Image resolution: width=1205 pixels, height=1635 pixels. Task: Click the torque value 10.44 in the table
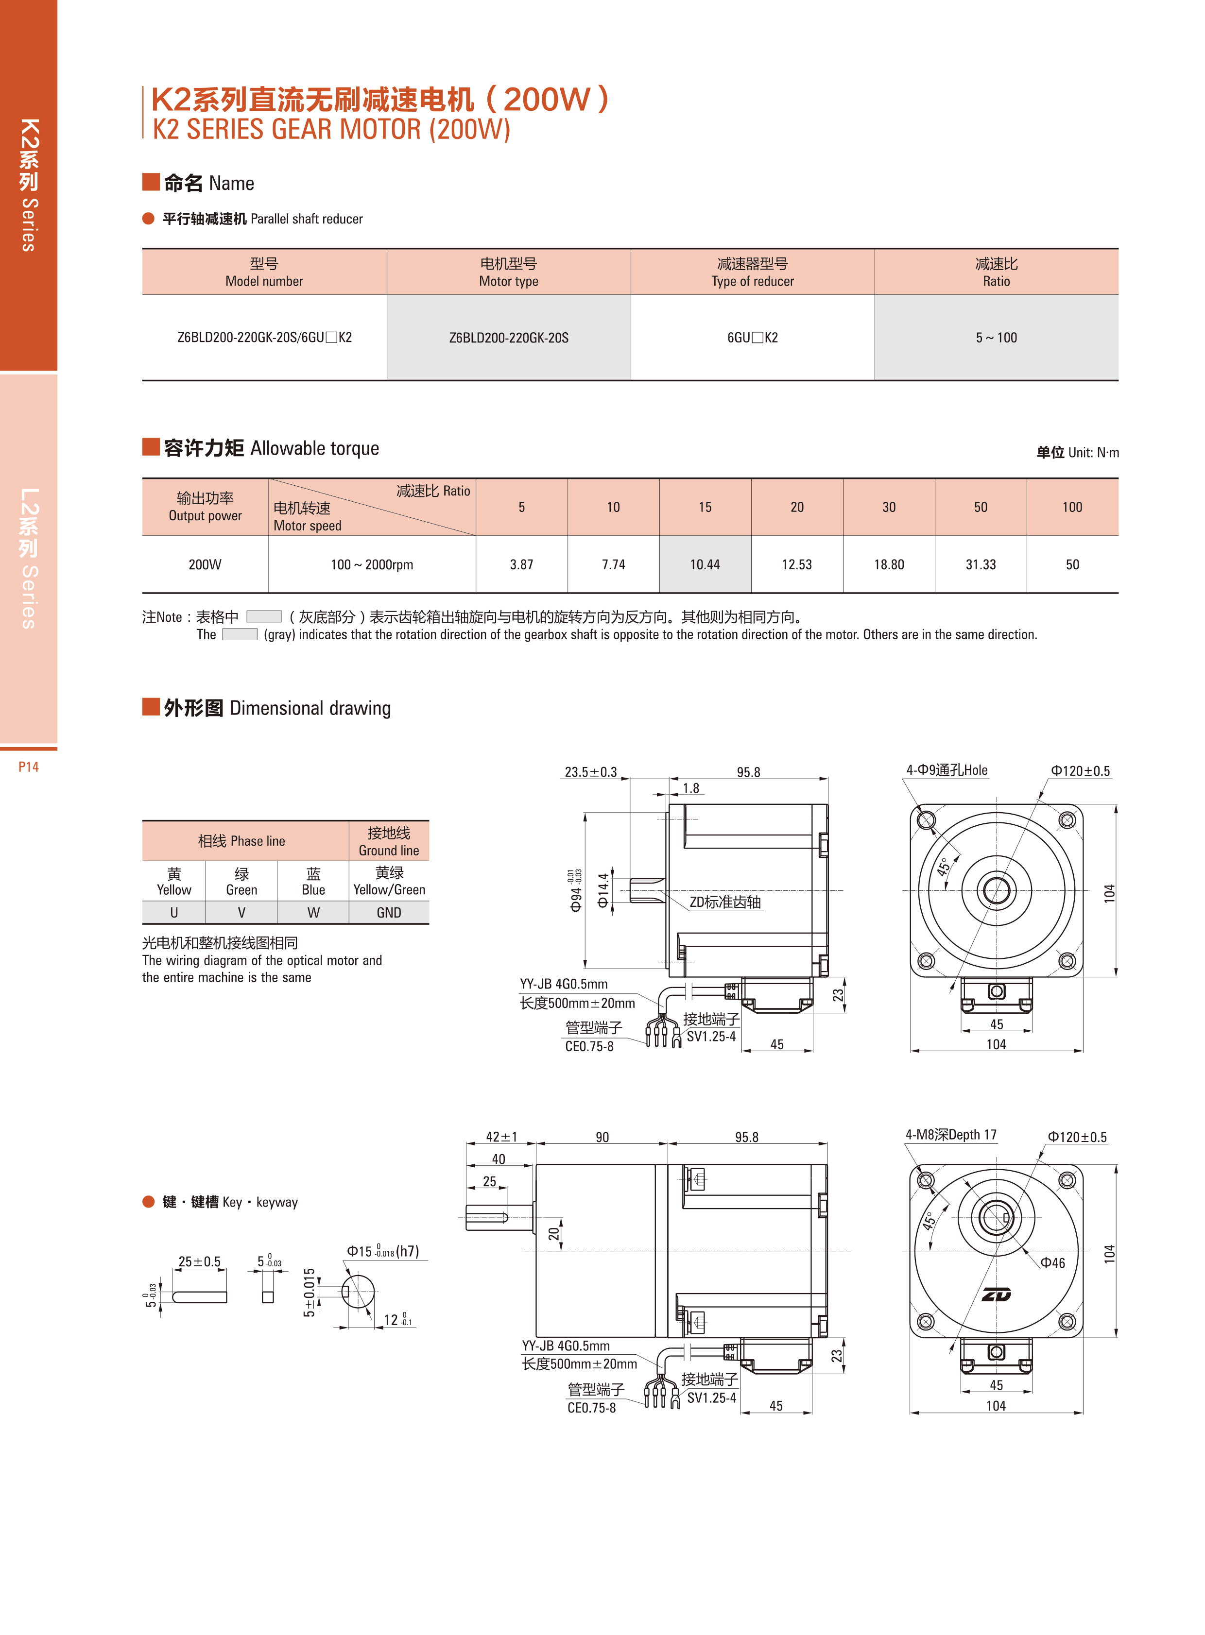click(x=705, y=564)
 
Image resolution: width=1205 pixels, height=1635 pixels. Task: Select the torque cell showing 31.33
click(x=981, y=564)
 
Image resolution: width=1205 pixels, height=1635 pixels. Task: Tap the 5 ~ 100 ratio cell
click(x=997, y=338)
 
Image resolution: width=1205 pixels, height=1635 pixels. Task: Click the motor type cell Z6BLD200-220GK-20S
click(x=508, y=338)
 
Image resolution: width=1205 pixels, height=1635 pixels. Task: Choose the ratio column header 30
click(x=888, y=507)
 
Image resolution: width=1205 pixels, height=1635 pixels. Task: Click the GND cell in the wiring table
click(x=389, y=912)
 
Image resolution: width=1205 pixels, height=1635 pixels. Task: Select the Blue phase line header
click(x=313, y=881)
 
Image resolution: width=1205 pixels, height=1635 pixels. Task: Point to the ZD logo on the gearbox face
click(x=997, y=1295)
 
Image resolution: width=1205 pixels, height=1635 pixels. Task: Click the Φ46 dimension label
click(x=1052, y=1263)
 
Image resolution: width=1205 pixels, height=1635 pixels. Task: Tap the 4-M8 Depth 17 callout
click(x=950, y=1135)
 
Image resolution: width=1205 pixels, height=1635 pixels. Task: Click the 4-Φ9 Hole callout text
click(x=947, y=770)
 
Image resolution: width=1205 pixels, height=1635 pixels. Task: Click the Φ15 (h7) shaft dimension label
click(x=383, y=1251)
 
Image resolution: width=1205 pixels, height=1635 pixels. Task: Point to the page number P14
click(x=29, y=766)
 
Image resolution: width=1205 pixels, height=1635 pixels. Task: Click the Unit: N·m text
click(x=1077, y=452)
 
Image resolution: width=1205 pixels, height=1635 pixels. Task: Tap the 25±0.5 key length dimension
click(x=199, y=1261)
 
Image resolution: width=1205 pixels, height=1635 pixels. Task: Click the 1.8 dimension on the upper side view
click(x=691, y=788)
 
